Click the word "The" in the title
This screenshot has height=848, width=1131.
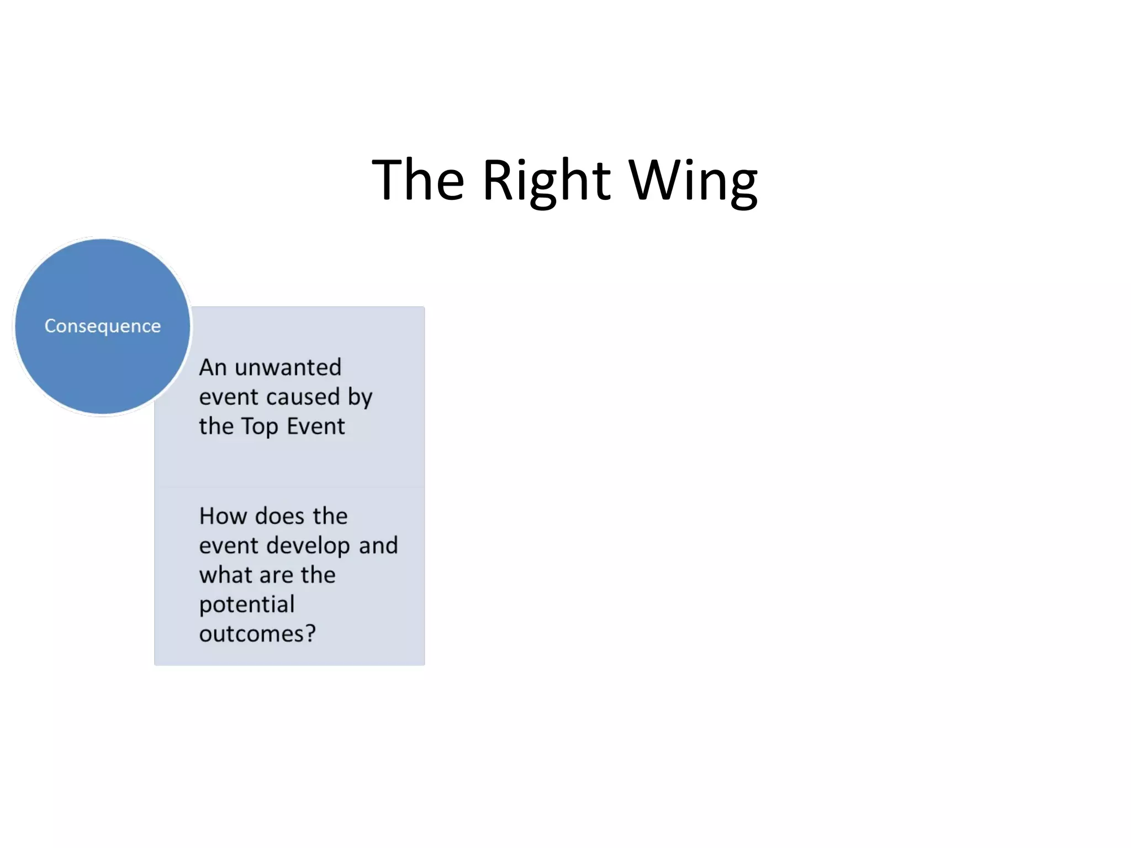tap(418, 180)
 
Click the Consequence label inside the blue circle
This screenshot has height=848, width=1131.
tap(103, 326)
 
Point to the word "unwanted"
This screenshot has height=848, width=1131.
tap(288, 368)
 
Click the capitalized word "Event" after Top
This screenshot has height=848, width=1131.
tap(315, 427)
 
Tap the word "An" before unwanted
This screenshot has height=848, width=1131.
tap(213, 368)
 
